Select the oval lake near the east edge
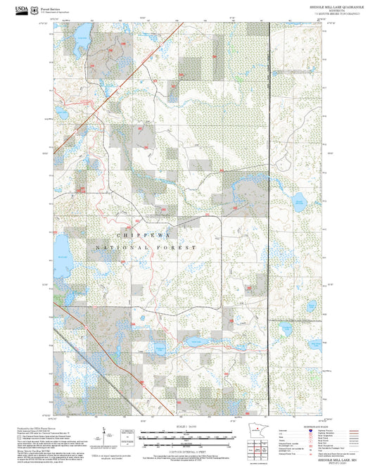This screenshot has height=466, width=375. (x=288, y=330)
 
